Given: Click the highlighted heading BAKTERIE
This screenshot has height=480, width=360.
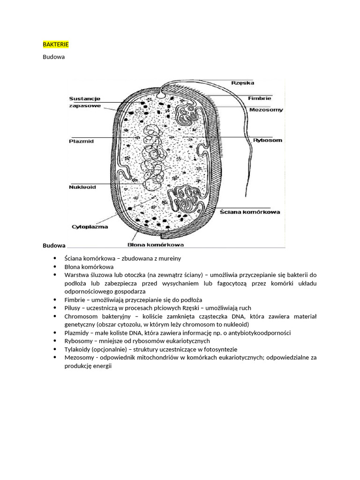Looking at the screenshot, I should (56, 44).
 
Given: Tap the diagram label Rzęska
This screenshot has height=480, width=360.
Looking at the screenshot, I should (242, 83).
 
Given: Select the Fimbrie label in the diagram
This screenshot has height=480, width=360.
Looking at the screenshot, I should (259, 98).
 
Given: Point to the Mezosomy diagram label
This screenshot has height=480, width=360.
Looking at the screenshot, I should (266, 110).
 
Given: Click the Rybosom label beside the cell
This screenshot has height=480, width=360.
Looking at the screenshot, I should (268, 140).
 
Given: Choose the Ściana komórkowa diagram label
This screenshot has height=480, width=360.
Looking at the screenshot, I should (250, 211).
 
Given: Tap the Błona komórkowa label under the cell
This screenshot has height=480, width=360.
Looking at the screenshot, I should (156, 244).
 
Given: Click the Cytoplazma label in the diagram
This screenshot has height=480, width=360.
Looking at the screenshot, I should (90, 227).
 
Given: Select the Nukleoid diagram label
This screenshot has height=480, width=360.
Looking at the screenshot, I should (82, 187).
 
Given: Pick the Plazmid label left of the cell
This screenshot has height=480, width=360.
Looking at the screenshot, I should (82, 141).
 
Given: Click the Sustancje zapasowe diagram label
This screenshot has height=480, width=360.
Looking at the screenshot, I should (85, 102).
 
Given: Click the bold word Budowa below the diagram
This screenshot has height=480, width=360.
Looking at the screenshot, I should (54, 246).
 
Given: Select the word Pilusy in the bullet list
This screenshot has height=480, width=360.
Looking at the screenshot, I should (75, 308).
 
